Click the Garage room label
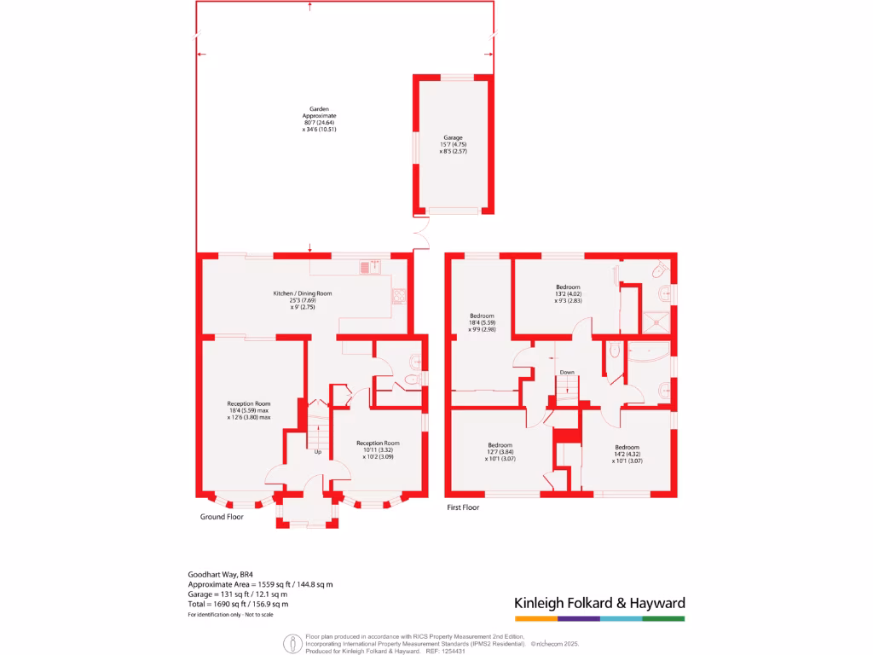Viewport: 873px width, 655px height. (x=453, y=137)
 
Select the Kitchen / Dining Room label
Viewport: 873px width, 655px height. (x=302, y=293)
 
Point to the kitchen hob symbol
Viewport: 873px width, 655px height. (x=398, y=297)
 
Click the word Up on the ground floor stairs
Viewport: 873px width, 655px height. (x=318, y=451)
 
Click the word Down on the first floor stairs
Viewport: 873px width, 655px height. (x=567, y=373)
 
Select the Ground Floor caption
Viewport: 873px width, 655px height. (x=222, y=517)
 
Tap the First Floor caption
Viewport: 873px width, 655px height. (x=463, y=507)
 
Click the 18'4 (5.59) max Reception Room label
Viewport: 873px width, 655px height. (x=248, y=403)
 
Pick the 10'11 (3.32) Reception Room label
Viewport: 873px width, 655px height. (x=378, y=443)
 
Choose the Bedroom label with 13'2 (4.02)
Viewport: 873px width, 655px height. (x=568, y=287)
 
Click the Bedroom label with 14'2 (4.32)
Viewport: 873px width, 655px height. (x=627, y=447)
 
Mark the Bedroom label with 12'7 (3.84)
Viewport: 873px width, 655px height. (x=500, y=445)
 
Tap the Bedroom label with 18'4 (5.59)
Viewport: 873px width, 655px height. (x=482, y=316)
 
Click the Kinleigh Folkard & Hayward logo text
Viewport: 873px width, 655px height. (x=599, y=603)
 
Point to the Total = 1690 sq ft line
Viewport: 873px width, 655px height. (x=238, y=604)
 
